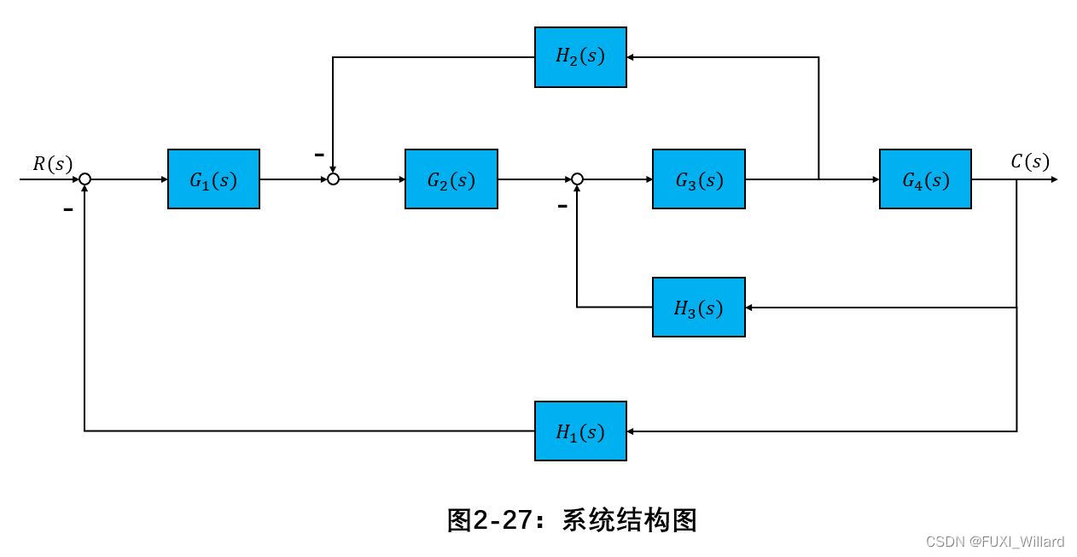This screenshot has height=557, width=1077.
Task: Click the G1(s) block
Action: click(213, 179)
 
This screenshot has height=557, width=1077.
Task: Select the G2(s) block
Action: click(451, 179)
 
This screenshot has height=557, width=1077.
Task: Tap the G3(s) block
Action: click(698, 179)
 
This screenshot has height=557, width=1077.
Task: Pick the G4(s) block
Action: click(925, 179)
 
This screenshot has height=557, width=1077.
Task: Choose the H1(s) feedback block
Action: click(580, 431)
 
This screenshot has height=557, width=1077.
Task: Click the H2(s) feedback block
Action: click(580, 57)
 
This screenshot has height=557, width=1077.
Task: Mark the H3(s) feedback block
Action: click(698, 308)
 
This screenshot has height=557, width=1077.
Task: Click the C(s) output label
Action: click(1030, 161)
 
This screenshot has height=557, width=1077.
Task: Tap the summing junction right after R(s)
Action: click(84, 179)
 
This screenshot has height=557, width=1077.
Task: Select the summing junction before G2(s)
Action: click(334, 179)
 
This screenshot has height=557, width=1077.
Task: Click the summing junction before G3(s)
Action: click(577, 179)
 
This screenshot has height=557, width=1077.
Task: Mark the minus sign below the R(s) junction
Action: click(68, 208)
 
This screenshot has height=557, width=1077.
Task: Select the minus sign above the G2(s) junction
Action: click(319, 155)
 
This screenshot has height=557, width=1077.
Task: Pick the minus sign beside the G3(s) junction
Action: click(562, 206)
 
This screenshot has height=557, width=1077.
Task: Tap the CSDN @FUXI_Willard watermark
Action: click(994, 542)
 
